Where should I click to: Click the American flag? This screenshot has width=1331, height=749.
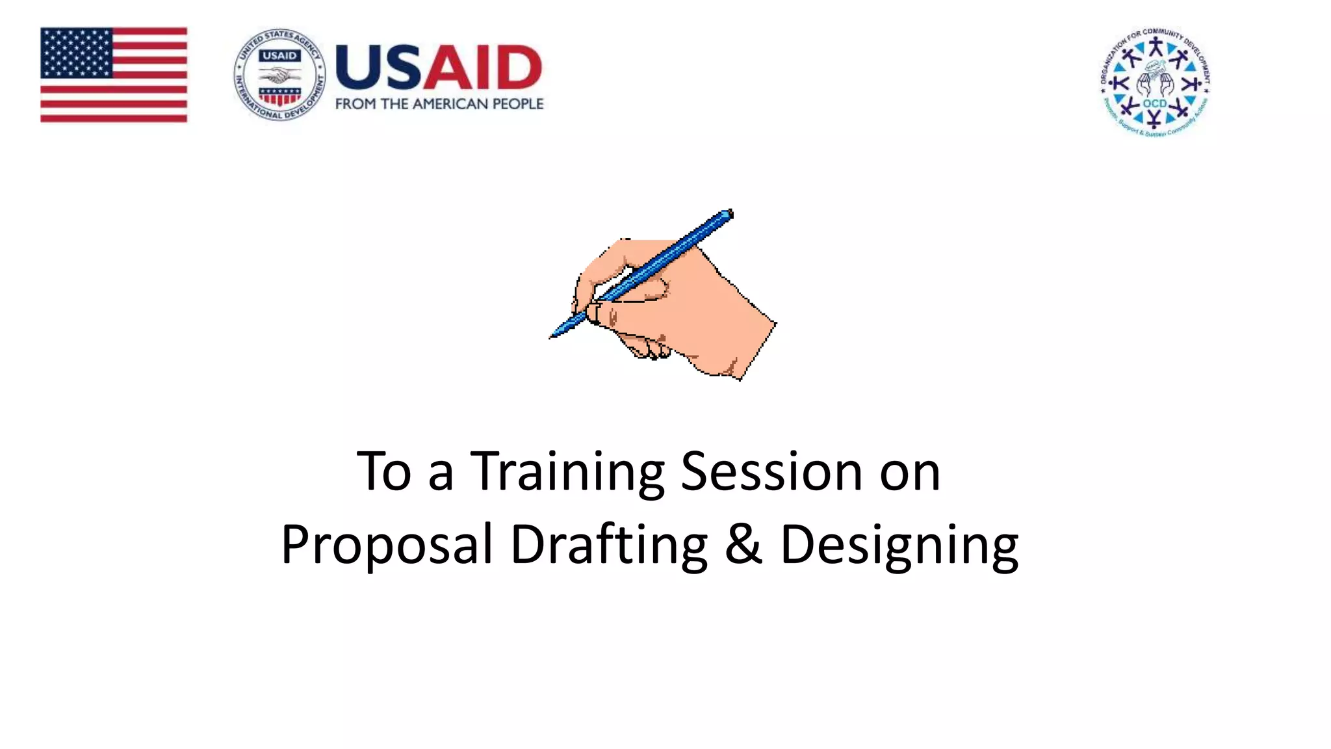pyautogui.click(x=114, y=74)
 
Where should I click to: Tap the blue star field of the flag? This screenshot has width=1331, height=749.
pyautogui.click(x=77, y=52)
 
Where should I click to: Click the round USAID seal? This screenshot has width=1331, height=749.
pyautogui.click(x=279, y=74)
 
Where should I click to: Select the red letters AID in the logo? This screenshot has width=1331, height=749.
pyautogui.click(x=482, y=67)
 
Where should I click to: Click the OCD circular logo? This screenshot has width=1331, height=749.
pyautogui.click(x=1155, y=81)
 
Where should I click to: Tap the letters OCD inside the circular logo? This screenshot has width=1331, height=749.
pyautogui.click(x=1155, y=103)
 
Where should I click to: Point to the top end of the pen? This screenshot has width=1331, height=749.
pyautogui.click(x=730, y=213)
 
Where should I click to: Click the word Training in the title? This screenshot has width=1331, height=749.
pyautogui.click(x=567, y=472)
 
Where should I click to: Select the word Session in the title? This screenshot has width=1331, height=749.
pyautogui.click(x=771, y=472)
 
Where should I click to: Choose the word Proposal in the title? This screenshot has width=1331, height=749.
pyautogui.click(x=387, y=545)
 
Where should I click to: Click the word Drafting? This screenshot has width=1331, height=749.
pyautogui.click(x=609, y=545)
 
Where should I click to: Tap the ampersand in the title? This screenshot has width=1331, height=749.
pyautogui.click(x=743, y=545)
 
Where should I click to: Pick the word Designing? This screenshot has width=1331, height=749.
pyautogui.click(x=899, y=545)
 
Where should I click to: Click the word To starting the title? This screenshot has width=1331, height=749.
pyautogui.click(x=384, y=472)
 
